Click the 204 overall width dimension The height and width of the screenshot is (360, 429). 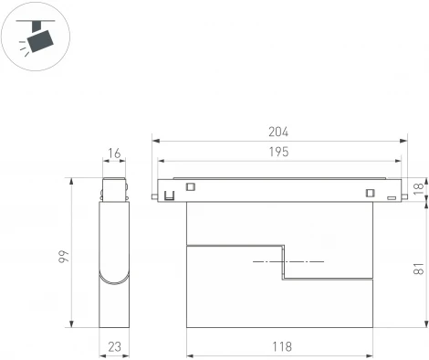279,132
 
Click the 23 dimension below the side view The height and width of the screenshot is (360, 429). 113,346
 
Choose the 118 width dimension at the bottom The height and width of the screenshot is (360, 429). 281,346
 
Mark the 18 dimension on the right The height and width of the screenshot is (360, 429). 418,188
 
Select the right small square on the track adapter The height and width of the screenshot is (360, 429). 370,192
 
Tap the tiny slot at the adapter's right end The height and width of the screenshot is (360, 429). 390,196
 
